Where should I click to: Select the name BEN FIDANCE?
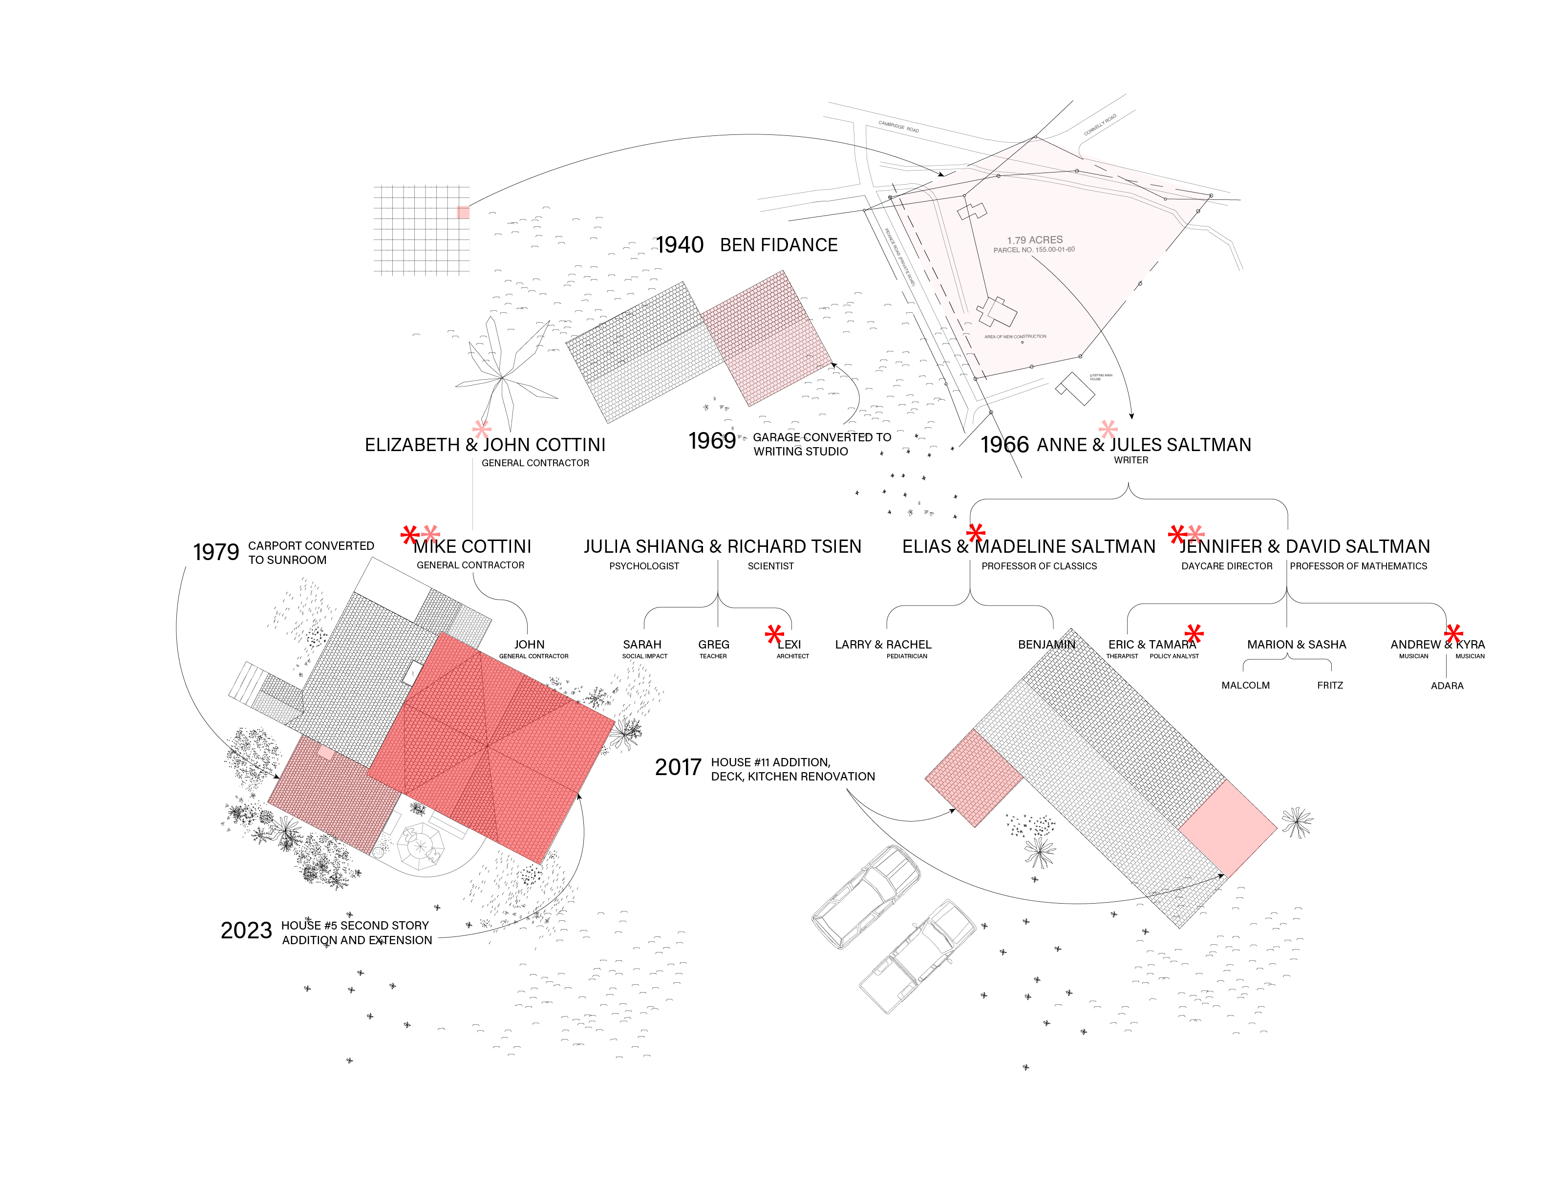pyautogui.click(x=778, y=245)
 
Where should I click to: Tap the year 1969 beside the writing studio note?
pyautogui.click(x=711, y=441)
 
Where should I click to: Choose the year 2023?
pyautogui.click(x=246, y=930)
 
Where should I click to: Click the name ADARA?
pyautogui.click(x=1447, y=686)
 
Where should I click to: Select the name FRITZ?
pyautogui.click(x=1329, y=686)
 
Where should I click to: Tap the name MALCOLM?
pyautogui.click(x=1245, y=686)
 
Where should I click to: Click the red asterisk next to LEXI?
pyautogui.click(x=775, y=634)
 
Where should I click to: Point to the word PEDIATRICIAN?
pyautogui.click(x=906, y=656)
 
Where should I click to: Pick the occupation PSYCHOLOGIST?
pyautogui.click(x=643, y=566)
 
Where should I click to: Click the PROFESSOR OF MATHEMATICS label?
pyautogui.click(x=1358, y=566)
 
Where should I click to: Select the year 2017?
pyautogui.click(x=678, y=767)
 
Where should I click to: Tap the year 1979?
pyautogui.click(x=216, y=552)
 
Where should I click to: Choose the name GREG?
pyautogui.click(x=713, y=645)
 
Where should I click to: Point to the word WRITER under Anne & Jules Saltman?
pyautogui.click(x=1130, y=460)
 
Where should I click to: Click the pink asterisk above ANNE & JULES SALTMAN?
pyautogui.click(x=1108, y=429)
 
